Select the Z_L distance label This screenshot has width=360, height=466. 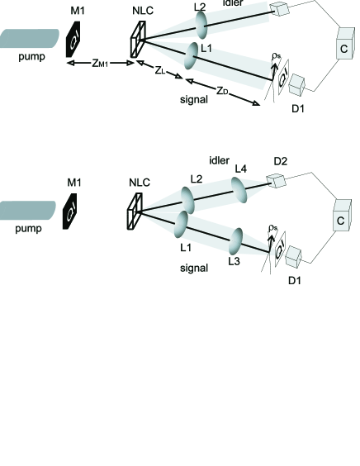click(x=161, y=70)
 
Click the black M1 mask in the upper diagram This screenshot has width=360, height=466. click(x=74, y=40)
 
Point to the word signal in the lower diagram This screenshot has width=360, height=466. click(x=195, y=269)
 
